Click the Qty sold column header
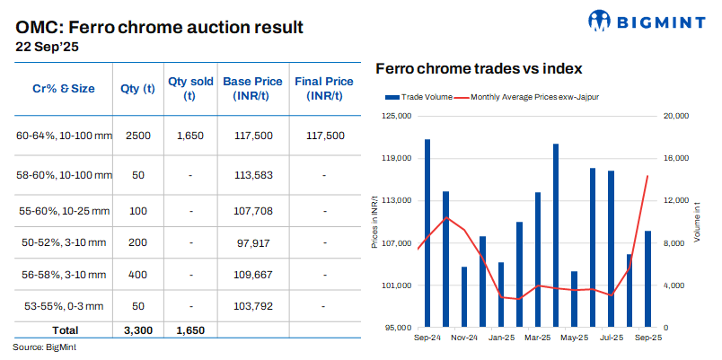(190, 88)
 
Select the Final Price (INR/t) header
(325, 88)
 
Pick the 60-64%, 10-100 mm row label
(64, 136)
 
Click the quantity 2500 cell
(137, 136)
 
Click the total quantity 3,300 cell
(137, 330)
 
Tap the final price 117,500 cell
(325, 136)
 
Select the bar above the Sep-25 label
(647, 278)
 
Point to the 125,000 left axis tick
(397, 116)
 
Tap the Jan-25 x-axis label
(500, 338)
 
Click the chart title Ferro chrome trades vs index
(479, 68)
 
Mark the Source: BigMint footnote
(45, 347)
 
